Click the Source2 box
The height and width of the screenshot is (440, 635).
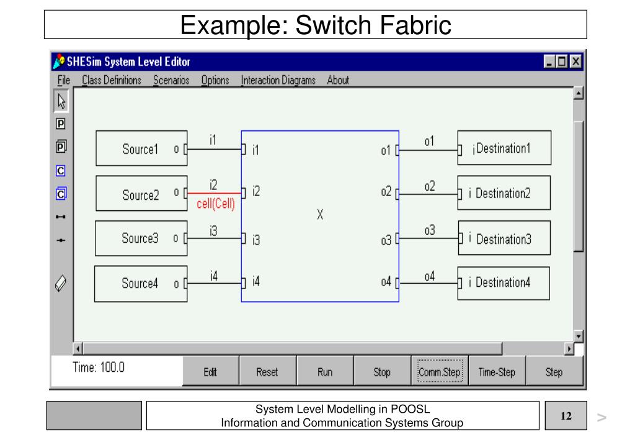[x=141, y=193]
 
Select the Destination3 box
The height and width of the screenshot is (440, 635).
[x=504, y=238]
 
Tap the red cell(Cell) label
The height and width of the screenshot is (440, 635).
[x=215, y=204]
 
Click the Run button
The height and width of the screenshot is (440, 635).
[x=325, y=372]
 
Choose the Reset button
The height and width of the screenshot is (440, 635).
[x=267, y=372]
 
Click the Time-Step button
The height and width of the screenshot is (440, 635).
[x=497, y=372]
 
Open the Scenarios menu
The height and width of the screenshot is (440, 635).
[x=171, y=80]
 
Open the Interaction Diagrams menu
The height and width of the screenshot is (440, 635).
[x=278, y=80]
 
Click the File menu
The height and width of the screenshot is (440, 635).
[x=64, y=80]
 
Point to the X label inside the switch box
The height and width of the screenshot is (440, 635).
[x=320, y=214]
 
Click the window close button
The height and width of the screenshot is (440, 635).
[x=575, y=61]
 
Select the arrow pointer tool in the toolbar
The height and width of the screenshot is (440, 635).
[x=61, y=101]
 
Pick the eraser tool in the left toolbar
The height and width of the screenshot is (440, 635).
[x=61, y=283]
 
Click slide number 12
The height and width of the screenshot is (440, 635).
[x=566, y=416]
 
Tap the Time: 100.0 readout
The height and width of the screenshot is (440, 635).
[x=99, y=367]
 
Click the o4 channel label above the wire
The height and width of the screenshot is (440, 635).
[x=429, y=276]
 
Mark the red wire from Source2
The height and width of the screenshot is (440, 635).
[x=214, y=193]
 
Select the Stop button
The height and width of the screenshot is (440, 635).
[x=382, y=372]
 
